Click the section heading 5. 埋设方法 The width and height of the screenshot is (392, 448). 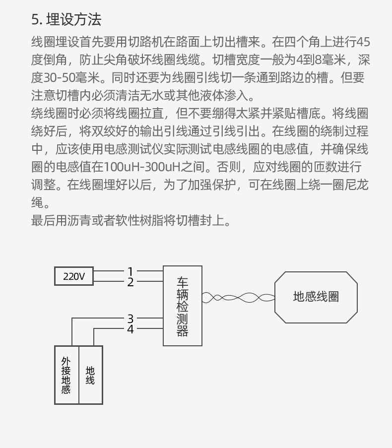pyautogui.click(x=66, y=20)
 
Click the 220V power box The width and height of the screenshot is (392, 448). pyautogui.click(x=74, y=277)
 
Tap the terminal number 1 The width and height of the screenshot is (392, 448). pyautogui.click(x=131, y=272)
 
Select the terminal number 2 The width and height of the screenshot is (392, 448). pyautogui.click(x=131, y=283)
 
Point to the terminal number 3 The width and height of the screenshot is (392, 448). pyautogui.click(x=131, y=319)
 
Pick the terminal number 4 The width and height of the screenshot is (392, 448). pyautogui.click(x=131, y=329)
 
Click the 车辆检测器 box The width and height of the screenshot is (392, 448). pyautogui.click(x=183, y=306)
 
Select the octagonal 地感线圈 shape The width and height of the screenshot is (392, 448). pyautogui.click(x=316, y=297)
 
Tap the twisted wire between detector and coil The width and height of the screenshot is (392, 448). pyautogui.click(x=238, y=298)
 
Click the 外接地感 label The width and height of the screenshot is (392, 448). pyautogui.click(x=66, y=375)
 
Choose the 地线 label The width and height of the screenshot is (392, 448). pyautogui.click(x=90, y=375)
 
